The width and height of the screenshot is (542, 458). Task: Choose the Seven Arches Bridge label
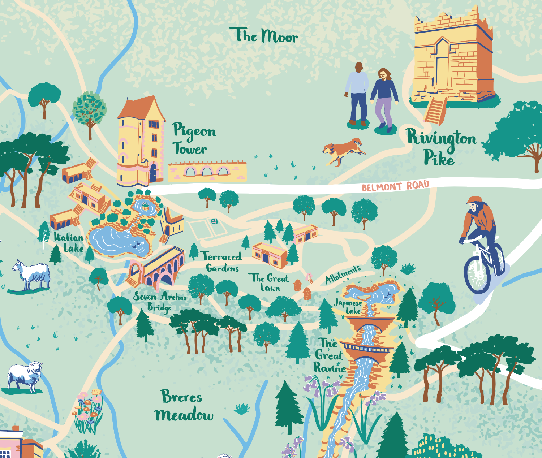(x=159, y=301)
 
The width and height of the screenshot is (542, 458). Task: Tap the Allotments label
(x=343, y=275)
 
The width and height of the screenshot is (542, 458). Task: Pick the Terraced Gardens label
(x=222, y=262)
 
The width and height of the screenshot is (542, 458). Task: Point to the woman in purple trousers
(x=384, y=99)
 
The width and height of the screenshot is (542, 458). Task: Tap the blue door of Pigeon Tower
(x=153, y=173)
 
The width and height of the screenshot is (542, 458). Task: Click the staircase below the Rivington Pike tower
(x=435, y=111)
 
